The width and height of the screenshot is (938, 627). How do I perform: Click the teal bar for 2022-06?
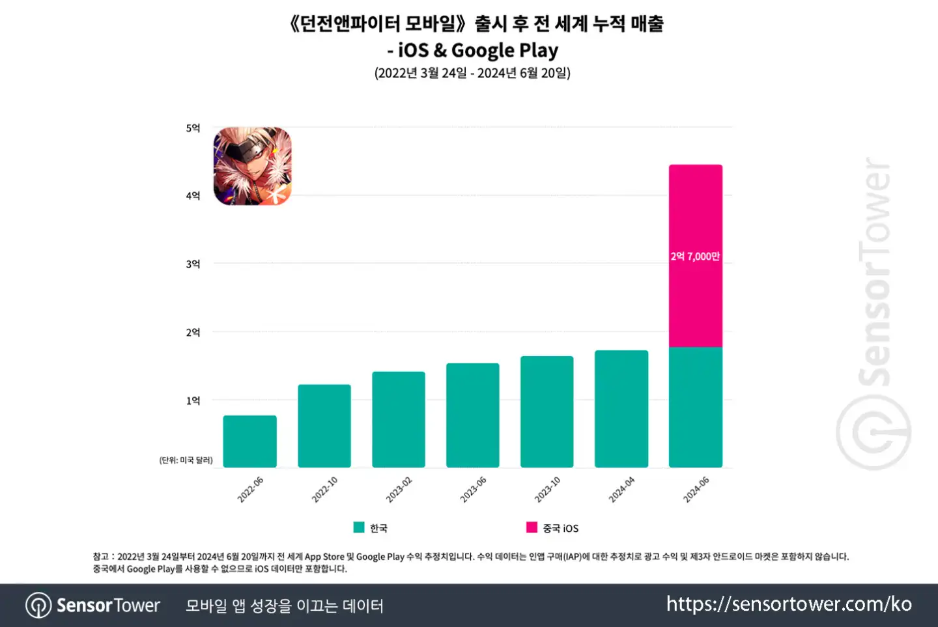249,441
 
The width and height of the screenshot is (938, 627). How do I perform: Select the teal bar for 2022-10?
324,426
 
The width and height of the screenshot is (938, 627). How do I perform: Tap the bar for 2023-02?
399,419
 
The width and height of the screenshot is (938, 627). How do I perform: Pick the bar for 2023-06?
473,415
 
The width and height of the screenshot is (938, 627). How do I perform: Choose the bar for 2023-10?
547,411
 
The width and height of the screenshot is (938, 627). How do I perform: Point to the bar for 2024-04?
621,409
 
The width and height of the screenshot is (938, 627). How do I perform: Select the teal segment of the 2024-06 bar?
696,407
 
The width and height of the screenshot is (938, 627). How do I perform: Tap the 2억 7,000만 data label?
696,257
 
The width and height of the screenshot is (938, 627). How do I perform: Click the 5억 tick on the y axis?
193,128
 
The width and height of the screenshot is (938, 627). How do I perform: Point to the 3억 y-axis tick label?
193,264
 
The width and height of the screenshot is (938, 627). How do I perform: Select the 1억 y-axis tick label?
193,401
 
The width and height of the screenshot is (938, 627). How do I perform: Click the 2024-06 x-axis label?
696,490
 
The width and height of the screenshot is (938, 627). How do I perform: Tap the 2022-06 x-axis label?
250,490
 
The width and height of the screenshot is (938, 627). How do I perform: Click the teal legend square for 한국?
359,527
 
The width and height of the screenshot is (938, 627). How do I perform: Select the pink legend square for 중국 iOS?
532,527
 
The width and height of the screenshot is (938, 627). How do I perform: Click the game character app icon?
253,166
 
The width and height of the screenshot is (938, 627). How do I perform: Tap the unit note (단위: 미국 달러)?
186,460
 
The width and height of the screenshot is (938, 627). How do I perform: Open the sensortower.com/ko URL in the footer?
789,604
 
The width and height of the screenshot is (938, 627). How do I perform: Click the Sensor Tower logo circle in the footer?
38,606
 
